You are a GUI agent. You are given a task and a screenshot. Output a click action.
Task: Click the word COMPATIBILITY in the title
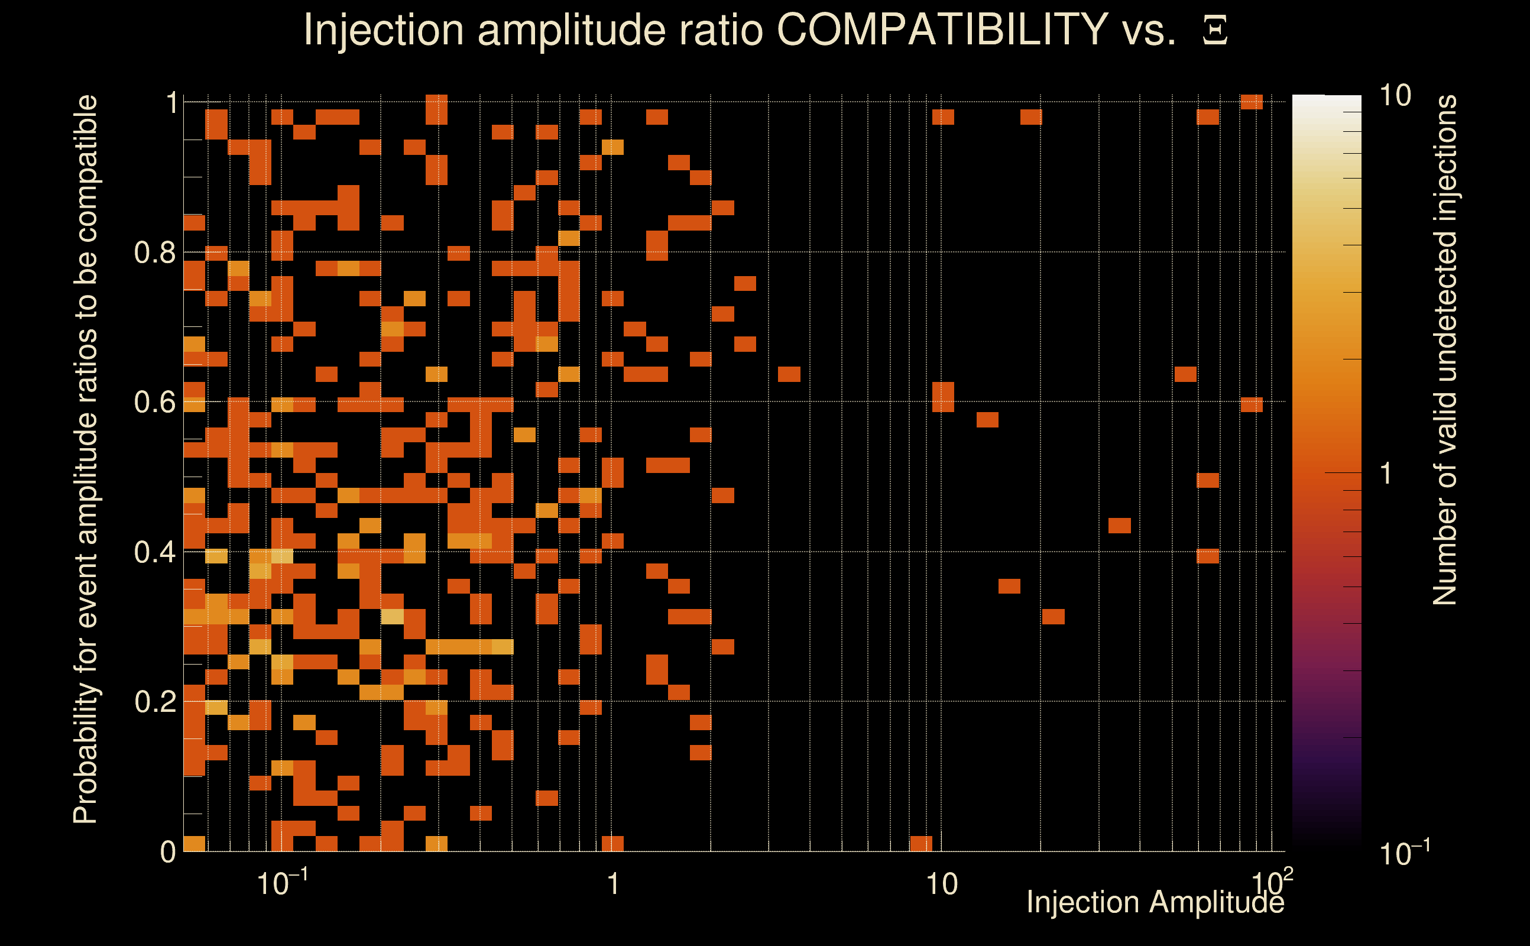(x=942, y=30)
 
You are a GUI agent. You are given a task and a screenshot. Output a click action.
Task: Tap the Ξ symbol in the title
(x=1215, y=31)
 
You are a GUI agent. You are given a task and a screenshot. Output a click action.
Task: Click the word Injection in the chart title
(x=384, y=30)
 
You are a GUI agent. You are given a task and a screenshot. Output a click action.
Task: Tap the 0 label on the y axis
(x=168, y=851)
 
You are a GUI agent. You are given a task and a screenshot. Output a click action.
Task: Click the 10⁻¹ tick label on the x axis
(x=281, y=883)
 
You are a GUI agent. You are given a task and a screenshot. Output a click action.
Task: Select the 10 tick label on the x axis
(x=941, y=884)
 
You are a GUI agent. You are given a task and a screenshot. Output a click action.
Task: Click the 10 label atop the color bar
(x=1395, y=96)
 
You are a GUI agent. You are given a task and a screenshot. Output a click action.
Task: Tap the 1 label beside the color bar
(x=1386, y=474)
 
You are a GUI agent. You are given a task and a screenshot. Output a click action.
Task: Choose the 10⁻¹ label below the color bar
(x=1403, y=852)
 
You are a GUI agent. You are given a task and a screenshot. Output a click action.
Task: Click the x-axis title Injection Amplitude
(x=1155, y=902)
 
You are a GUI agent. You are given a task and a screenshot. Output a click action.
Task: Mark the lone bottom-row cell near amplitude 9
(x=920, y=843)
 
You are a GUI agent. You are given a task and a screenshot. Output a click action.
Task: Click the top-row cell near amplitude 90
(x=1252, y=102)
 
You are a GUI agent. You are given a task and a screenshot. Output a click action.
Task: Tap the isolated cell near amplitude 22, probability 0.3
(x=1054, y=616)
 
